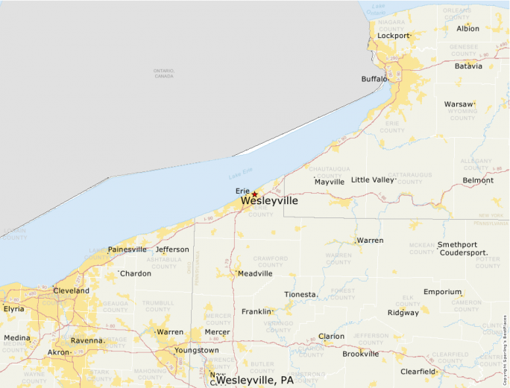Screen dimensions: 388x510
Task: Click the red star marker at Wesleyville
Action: pos(254,194)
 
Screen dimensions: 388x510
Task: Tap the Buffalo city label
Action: pos(374,79)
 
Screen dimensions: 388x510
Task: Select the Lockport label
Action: pos(393,36)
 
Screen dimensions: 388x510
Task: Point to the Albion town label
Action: pos(467,29)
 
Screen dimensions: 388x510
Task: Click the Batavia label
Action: pos(468,66)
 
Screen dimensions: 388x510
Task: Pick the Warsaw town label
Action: pos(458,104)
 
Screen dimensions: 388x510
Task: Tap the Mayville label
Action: pos(329,182)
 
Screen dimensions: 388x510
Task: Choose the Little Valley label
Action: pos(371,180)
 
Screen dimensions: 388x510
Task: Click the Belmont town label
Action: pos(478,180)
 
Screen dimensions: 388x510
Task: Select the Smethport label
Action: pos(456,244)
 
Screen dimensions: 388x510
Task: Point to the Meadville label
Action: pos(255,273)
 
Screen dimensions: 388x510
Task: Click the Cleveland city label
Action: pos(71,290)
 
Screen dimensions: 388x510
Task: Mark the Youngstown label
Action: pos(197,350)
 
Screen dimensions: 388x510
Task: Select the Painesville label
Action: pos(127,249)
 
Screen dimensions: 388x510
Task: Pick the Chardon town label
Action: pos(136,273)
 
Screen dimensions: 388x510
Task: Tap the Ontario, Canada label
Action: pos(164,74)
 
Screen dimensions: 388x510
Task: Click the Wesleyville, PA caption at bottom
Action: pos(255,380)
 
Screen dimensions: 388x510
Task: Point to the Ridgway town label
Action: pos(403,313)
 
